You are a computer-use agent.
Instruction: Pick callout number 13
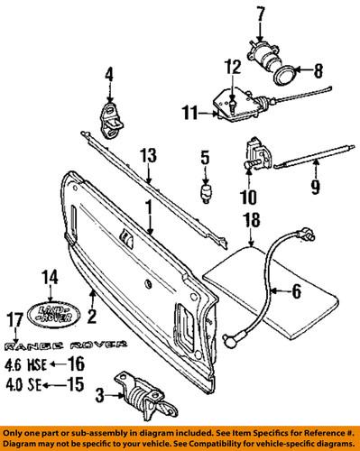pos(147,154)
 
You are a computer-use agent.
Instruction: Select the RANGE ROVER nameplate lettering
pos(58,345)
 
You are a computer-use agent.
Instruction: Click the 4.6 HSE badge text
pos(24,366)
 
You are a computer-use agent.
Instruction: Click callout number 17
pos(13,318)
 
